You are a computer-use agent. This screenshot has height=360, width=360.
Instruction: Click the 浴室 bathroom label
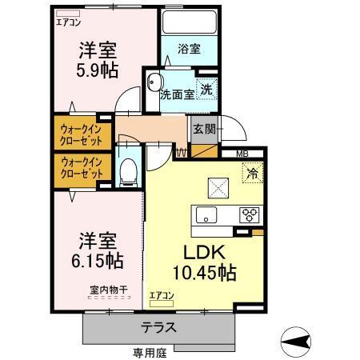[190, 49]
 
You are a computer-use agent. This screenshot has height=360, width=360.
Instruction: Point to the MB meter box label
[241, 155]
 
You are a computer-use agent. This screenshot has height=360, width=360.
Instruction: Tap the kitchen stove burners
[250, 214]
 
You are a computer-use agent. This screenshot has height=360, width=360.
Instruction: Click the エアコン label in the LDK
[161, 295]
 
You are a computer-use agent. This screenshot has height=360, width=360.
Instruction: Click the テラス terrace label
[161, 328]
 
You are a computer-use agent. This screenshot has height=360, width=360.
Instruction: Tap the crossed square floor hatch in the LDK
[218, 187]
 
